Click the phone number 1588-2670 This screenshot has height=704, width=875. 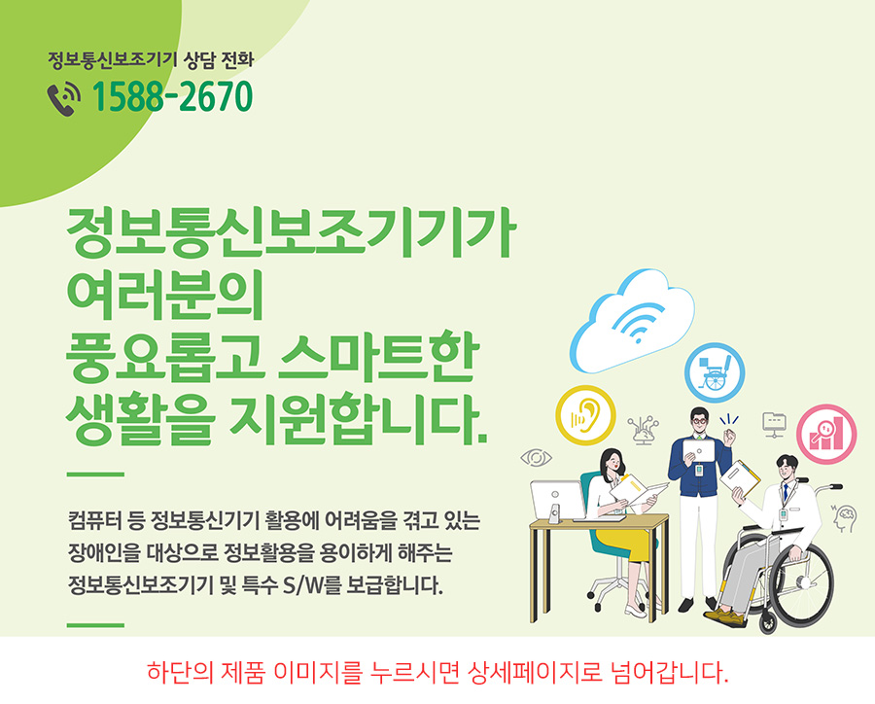(172, 96)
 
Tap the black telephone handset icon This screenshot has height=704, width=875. (63, 98)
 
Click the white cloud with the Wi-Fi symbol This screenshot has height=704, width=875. (632, 321)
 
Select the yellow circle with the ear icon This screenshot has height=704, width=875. (585, 415)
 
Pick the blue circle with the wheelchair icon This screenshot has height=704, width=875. (715, 372)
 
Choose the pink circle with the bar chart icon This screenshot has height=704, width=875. (825, 435)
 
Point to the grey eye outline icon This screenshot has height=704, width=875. (536, 458)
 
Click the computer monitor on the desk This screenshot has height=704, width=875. (557, 502)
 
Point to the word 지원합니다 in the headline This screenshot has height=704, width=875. (358, 420)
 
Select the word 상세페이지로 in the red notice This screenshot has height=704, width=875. (535, 672)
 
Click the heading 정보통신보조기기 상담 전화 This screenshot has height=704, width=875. (151, 59)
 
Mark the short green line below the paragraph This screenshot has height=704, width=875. (95, 625)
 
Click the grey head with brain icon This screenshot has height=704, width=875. (844, 517)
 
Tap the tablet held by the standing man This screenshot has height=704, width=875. (699, 451)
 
